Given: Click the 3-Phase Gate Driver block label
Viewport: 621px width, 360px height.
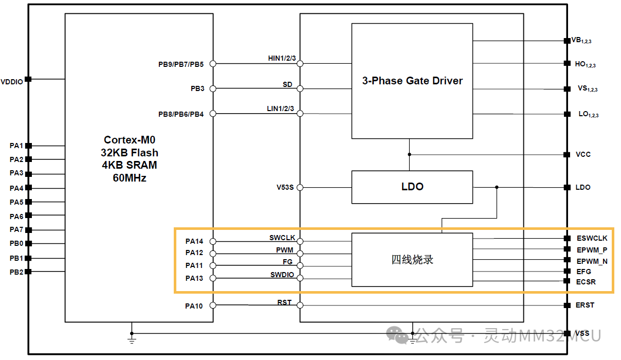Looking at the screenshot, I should [x=412, y=81].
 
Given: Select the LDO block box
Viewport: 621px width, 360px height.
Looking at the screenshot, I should [x=412, y=187].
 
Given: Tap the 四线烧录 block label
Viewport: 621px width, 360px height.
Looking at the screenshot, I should [x=412, y=260].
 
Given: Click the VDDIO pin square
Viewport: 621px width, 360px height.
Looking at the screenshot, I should [x=29, y=79].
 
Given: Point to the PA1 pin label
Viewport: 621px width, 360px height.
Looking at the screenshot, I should [x=16, y=146].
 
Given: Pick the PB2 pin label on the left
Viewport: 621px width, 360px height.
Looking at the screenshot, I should [x=16, y=272].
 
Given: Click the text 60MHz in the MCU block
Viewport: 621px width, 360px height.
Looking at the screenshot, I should [x=130, y=178].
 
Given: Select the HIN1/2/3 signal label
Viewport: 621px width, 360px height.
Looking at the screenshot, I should [x=282, y=58].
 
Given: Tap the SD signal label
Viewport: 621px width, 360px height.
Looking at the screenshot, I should [x=287, y=84].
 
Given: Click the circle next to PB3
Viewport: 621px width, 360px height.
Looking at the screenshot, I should [x=213, y=88].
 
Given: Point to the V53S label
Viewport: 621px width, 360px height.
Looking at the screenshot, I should [x=285, y=187].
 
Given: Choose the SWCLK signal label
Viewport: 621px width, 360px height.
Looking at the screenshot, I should [x=282, y=238].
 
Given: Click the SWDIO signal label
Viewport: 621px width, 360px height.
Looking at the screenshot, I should [x=282, y=275].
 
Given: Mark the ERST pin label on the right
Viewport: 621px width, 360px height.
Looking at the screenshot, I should [x=585, y=305].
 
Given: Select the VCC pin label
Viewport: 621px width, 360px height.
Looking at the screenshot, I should [x=583, y=154].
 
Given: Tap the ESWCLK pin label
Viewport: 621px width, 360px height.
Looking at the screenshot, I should [x=592, y=238].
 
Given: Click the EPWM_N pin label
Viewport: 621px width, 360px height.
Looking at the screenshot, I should [x=592, y=261].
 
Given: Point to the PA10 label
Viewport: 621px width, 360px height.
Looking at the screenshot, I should [x=194, y=306].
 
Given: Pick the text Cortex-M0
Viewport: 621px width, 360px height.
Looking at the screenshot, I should [x=130, y=140].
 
